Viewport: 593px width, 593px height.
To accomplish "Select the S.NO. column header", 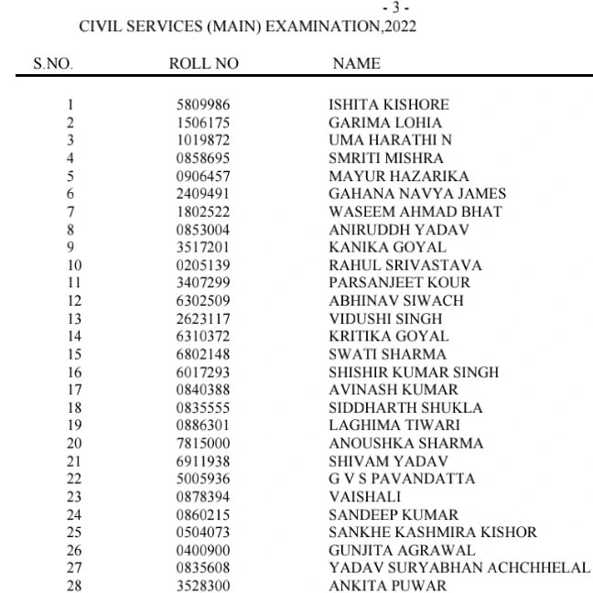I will point(53,64).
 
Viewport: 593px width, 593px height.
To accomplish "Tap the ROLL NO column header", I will point(204,64).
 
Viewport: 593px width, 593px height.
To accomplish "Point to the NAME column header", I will point(356,64).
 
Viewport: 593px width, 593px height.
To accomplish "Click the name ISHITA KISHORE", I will point(389,105).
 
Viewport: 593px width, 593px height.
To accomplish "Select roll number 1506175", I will point(203,123).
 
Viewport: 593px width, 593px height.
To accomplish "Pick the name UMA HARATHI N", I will point(390,141).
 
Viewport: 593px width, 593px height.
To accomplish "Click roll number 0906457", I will point(203,177).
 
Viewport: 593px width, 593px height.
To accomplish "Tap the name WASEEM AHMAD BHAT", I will point(415,212).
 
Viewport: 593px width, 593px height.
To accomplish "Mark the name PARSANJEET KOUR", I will point(399,283).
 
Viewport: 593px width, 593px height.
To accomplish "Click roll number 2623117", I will point(203,318).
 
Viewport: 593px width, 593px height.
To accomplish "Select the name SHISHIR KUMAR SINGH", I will point(414,372).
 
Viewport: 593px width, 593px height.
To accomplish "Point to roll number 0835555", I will point(203,408).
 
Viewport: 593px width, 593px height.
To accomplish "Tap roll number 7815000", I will point(203,444).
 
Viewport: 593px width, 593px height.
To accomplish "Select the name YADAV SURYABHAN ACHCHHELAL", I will point(459,568).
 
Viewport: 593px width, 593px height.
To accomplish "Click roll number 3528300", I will point(203,586).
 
